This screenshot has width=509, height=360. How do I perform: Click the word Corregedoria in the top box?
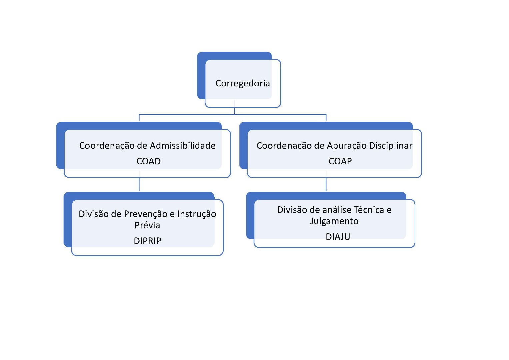(242, 83)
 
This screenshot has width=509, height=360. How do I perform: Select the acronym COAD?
(148, 161)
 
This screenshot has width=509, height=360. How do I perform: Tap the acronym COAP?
(340, 161)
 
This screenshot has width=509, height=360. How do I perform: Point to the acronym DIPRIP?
(147, 241)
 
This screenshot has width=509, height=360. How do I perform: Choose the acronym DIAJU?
(338, 237)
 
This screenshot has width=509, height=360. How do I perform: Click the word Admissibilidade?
(182, 146)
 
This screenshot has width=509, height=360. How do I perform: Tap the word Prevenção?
(146, 214)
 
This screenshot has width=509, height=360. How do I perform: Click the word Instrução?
(196, 214)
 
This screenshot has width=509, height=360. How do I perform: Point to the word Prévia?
(147, 225)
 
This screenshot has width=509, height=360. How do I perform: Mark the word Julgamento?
(334, 221)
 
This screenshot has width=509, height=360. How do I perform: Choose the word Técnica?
(369, 210)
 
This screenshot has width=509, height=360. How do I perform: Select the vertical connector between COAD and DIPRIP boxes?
(139, 184)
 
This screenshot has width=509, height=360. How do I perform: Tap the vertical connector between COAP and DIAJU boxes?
(326, 184)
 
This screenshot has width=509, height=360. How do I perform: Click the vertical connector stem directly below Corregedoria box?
(235, 111)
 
